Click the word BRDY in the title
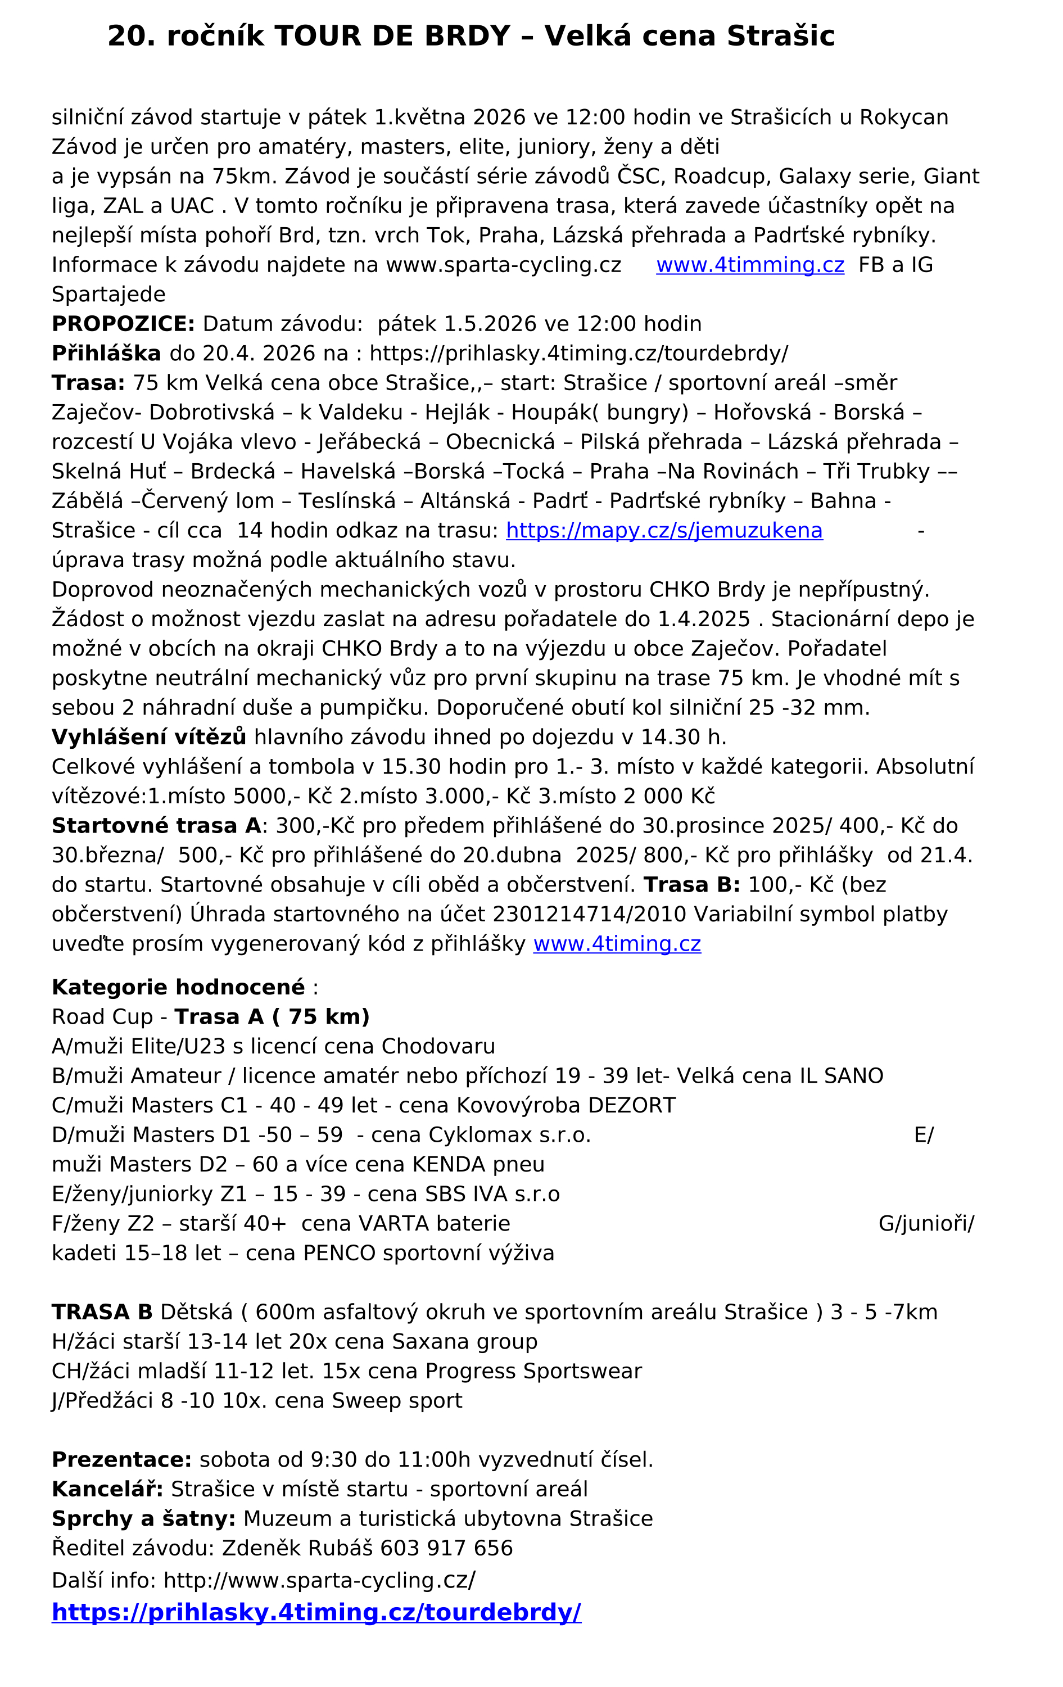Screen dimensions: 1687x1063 [467, 37]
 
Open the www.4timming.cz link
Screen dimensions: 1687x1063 [750, 265]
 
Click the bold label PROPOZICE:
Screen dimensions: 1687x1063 [123, 324]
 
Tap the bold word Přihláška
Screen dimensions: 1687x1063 [106, 353]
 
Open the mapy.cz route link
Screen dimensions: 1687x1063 [663, 530]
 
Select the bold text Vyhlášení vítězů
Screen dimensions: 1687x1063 [148, 737]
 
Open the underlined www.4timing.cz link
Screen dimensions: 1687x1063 [617, 944]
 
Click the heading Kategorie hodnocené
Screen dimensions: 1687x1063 [178, 987]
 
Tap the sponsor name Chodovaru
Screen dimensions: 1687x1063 [438, 1046]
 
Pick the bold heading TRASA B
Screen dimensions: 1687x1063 [102, 1312]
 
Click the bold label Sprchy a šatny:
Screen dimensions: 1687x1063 [143, 1519]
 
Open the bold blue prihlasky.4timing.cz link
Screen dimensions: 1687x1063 [316, 1613]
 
